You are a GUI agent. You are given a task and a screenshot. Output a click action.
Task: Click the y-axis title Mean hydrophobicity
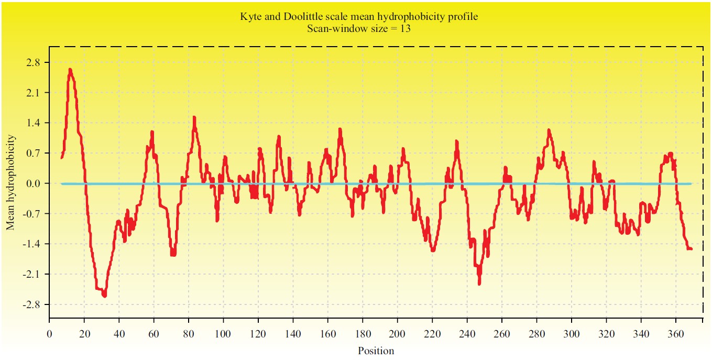coord(10,183)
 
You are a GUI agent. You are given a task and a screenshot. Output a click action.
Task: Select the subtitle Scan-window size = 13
coord(358,29)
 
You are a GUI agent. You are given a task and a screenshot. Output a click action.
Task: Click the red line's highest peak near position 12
coord(70,69)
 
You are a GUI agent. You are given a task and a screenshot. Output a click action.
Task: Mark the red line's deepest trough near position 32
coord(105,296)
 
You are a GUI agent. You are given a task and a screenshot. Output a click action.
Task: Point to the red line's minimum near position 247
coord(479,283)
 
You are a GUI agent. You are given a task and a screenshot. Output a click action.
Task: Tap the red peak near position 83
coord(194,117)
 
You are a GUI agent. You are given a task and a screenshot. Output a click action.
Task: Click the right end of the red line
coord(692,249)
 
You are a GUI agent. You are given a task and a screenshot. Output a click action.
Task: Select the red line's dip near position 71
coord(173,255)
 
